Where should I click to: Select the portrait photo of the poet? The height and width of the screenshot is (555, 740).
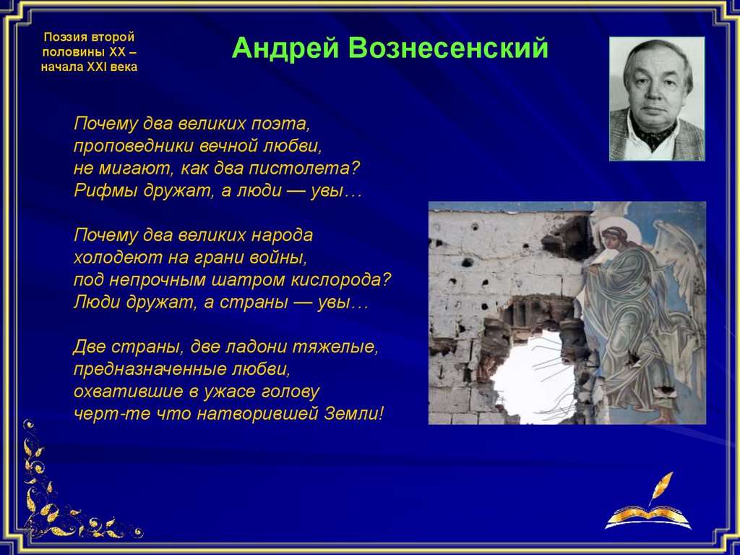pyautogui.click(x=657, y=99)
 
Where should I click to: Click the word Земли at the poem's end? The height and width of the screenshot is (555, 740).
pyautogui.click(x=354, y=414)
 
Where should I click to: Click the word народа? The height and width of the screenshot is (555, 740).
pyautogui.click(x=283, y=235)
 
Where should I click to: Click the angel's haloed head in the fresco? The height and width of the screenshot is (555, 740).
pyautogui.click(x=616, y=234)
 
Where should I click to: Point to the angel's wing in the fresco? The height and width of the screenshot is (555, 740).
pyautogui.click(x=679, y=265)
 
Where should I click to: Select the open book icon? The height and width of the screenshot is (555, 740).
pyautogui.click(x=648, y=517)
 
